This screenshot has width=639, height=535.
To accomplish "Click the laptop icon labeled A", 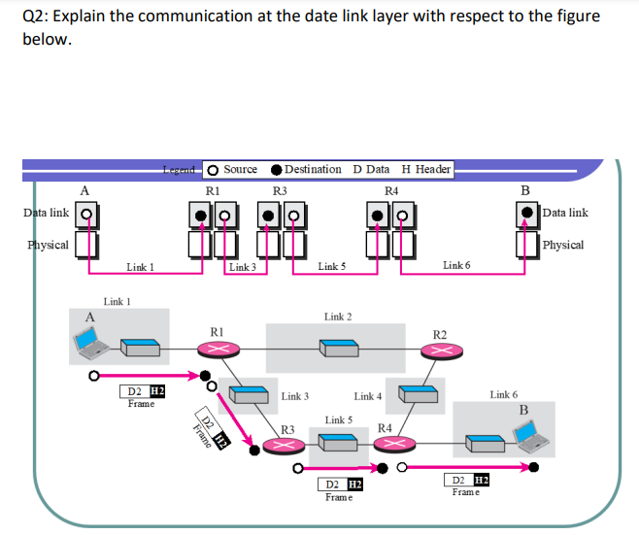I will click(90, 340).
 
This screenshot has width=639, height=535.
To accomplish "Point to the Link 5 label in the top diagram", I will click(331, 266).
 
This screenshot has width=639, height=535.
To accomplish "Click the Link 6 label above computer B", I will click(504, 395).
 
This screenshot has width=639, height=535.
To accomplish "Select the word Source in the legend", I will click(240, 169).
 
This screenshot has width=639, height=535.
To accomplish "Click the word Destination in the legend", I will click(313, 169).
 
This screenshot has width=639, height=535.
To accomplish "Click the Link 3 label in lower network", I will click(294, 396).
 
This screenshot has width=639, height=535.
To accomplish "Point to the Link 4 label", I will click(368, 396).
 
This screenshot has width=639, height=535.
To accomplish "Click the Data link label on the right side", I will click(565, 213).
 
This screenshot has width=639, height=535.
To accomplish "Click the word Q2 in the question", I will click(31, 17).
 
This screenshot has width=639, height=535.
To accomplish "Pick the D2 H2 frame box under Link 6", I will click(465, 481).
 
